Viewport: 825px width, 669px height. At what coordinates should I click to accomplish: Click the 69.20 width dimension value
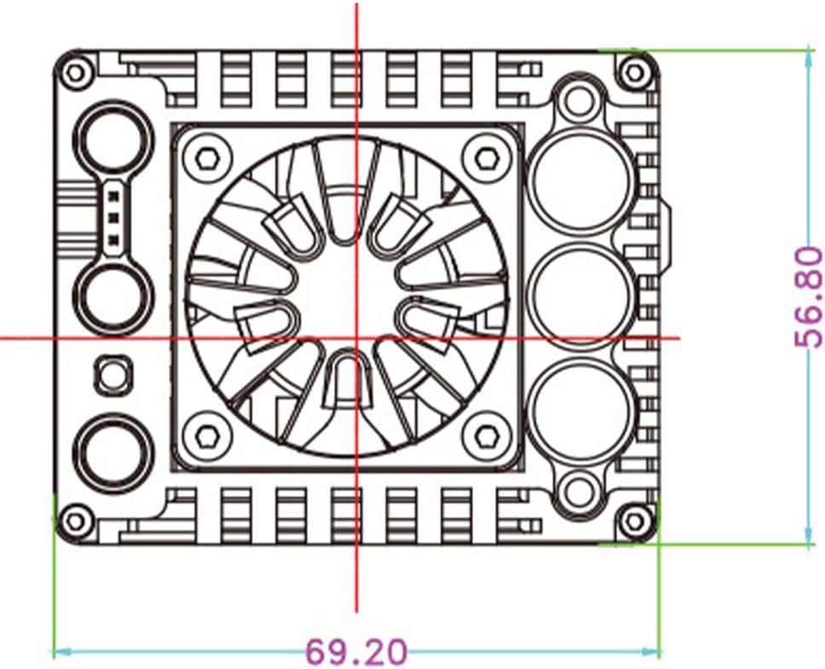point(357,652)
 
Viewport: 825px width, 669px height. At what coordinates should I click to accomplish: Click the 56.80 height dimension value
point(809,297)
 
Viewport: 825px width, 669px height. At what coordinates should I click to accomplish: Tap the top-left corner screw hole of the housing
point(76,72)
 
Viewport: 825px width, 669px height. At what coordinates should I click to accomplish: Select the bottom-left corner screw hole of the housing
point(76,522)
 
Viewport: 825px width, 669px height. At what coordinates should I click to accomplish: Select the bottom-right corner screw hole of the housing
point(635,522)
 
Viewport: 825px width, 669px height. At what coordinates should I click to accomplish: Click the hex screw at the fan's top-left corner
point(207,158)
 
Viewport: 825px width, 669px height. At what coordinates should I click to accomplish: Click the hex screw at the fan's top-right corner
point(486,158)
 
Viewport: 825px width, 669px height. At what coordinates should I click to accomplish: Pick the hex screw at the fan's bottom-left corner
point(207,435)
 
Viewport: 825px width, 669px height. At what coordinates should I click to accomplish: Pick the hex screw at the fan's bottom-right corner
point(486,435)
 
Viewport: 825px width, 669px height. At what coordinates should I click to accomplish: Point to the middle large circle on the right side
point(580,296)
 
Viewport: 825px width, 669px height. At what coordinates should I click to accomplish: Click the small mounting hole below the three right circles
point(579,490)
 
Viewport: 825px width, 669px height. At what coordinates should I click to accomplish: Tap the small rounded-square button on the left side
point(112,375)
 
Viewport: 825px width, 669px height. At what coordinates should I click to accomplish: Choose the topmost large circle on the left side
point(112,140)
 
